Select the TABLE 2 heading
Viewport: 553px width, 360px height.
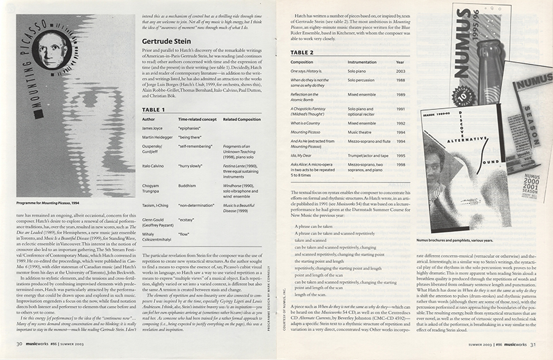pos(302,53)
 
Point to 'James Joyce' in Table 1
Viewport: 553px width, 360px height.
pos(154,128)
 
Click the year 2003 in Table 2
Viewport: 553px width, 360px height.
pos(400,72)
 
